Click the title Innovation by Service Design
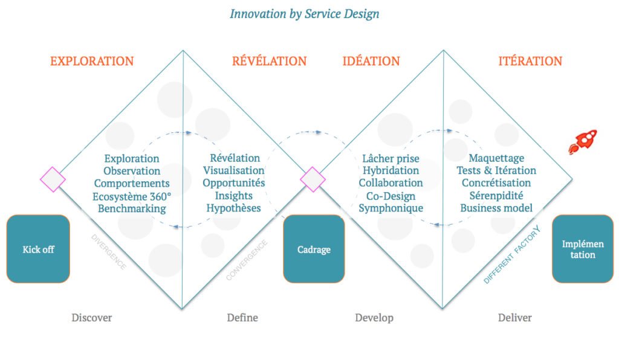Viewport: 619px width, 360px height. [x=304, y=13]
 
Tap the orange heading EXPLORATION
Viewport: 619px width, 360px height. [x=92, y=61]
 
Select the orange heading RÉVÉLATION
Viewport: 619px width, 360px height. [x=269, y=61]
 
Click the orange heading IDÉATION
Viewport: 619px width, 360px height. [x=371, y=61]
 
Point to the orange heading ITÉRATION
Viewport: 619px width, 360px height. [x=530, y=61]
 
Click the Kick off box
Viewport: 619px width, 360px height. [x=38, y=249]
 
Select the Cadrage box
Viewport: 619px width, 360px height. [x=314, y=249]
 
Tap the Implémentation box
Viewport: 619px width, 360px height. [x=583, y=249]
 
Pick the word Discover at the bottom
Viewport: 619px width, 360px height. [x=92, y=318]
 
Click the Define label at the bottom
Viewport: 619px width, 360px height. [x=242, y=318]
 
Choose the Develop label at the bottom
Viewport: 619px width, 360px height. [x=374, y=318]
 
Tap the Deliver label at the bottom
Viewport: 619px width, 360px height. [x=515, y=318]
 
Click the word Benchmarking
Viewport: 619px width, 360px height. [x=132, y=208]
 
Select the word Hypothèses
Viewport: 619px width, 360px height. [x=233, y=208]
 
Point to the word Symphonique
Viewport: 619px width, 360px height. [x=391, y=208]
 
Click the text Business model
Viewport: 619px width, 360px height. [x=496, y=208]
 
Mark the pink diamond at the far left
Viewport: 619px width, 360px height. [x=53, y=179]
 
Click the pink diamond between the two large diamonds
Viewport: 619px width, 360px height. [x=313, y=179]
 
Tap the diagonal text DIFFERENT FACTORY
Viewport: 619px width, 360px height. [x=511, y=255]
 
